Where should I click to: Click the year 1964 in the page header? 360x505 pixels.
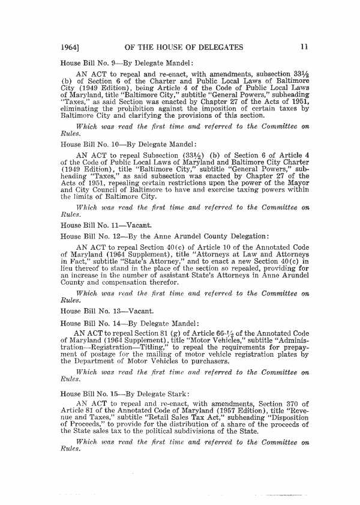(x=71, y=46)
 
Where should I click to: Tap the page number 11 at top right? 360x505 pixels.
(x=305, y=46)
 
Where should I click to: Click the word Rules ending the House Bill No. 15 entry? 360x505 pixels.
(x=71, y=450)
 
